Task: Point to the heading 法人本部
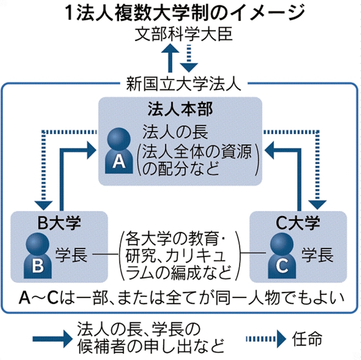click(180, 110)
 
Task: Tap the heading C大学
click(298, 222)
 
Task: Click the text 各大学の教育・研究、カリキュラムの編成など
click(178, 255)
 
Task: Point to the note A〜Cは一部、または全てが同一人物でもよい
click(180, 296)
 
